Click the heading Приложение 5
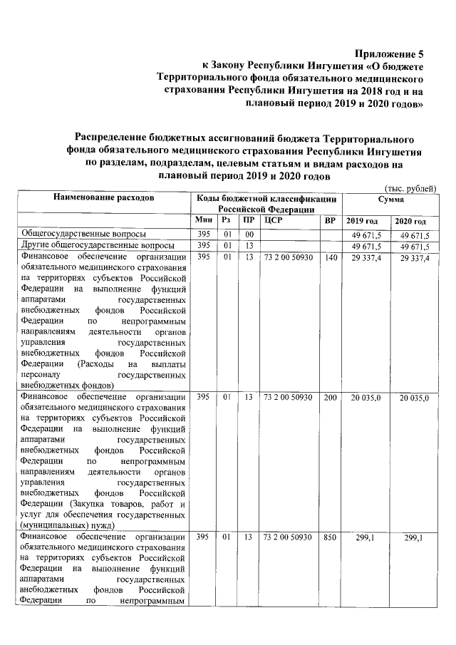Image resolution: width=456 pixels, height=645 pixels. pyautogui.click(x=385, y=53)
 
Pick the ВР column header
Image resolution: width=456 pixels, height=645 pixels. pyautogui.click(x=329, y=221)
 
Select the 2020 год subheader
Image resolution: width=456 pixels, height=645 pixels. pyautogui.click(x=411, y=222)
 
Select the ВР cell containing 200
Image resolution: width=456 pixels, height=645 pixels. pyautogui.click(x=329, y=396)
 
